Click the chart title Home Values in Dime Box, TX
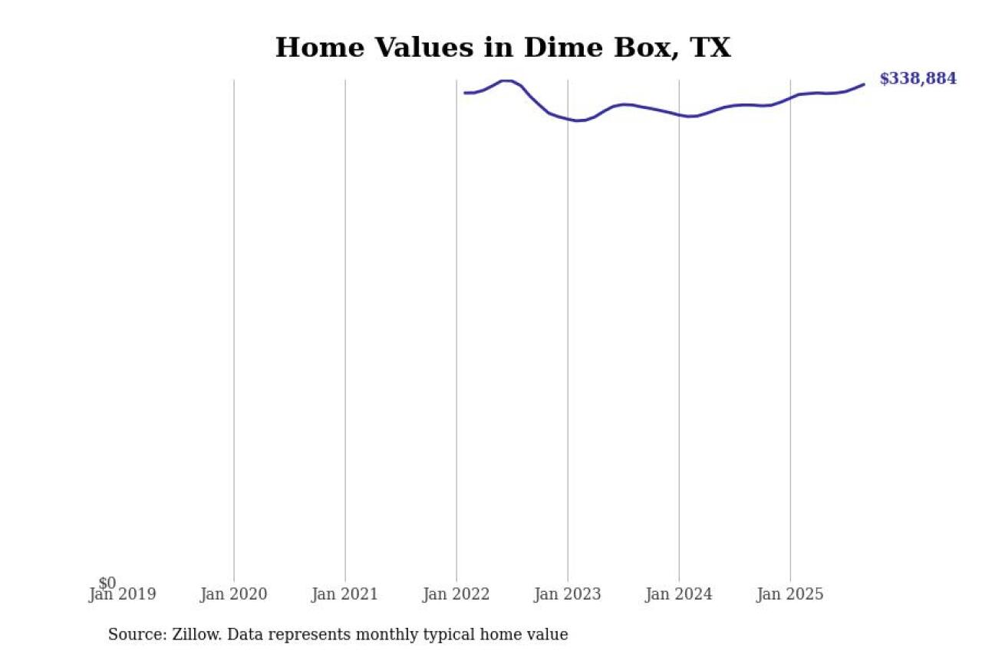pyautogui.click(x=503, y=48)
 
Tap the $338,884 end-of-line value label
pyautogui.click(x=918, y=79)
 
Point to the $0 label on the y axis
pyautogui.click(x=107, y=583)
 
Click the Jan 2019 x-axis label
pyautogui.click(x=122, y=594)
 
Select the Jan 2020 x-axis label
pyautogui.click(x=233, y=594)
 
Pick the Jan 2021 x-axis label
pyautogui.click(x=344, y=594)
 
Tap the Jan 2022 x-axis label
pyautogui.click(x=456, y=594)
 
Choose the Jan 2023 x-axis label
pyautogui.click(x=567, y=594)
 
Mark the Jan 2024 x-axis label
pyautogui.click(x=678, y=594)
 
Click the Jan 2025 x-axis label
pyautogui.click(x=789, y=594)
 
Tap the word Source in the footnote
pyautogui.click(x=133, y=635)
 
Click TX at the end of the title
pyautogui.click(x=710, y=48)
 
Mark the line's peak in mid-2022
pyautogui.click(x=506, y=81)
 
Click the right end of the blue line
pyautogui.click(x=864, y=84)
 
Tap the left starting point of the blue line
pyautogui.click(x=465, y=93)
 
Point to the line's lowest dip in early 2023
pyautogui.click(x=578, y=120)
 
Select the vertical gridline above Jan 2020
pyautogui.click(x=234, y=307)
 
